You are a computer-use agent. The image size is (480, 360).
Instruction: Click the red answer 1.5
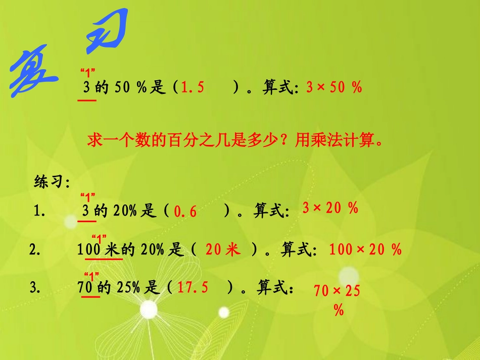coord(193,88)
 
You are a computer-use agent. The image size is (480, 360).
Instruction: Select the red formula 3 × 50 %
coord(334,87)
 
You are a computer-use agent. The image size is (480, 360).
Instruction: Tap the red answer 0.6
coord(185,212)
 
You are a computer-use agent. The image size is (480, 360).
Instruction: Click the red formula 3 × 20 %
coord(330,208)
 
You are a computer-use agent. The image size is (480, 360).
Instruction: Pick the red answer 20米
coord(223,249)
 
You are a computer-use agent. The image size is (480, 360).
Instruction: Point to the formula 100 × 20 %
coord(365,249)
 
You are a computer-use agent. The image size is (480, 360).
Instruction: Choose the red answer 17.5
coord(193,288)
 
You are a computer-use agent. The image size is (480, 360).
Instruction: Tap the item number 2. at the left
coord(35,249)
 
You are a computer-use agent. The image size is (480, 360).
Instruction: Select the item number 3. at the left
coord(35,288)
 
